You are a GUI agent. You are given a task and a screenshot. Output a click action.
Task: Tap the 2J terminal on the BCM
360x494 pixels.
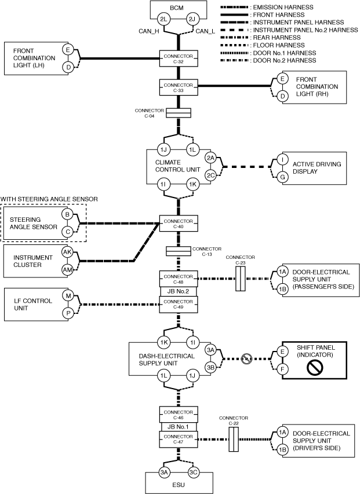tap(193, 20)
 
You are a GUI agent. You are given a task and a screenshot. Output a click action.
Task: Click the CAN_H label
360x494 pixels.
tap(149, 32)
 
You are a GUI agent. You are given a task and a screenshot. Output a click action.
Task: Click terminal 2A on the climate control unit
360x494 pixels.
tap(211, 157)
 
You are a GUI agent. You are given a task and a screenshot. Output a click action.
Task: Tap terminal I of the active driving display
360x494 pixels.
tap(282, 158)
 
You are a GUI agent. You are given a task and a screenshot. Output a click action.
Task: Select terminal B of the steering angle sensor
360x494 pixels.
tap(67, 215)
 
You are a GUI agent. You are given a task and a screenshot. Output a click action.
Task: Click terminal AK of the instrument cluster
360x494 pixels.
tap(67, 251)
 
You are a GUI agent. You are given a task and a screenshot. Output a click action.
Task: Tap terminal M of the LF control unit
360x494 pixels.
tap(67, 295)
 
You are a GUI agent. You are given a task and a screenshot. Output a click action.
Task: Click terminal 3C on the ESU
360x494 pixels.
tap(193, 472)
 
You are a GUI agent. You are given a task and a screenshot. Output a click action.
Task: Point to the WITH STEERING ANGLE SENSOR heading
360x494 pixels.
tap(49, 199)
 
